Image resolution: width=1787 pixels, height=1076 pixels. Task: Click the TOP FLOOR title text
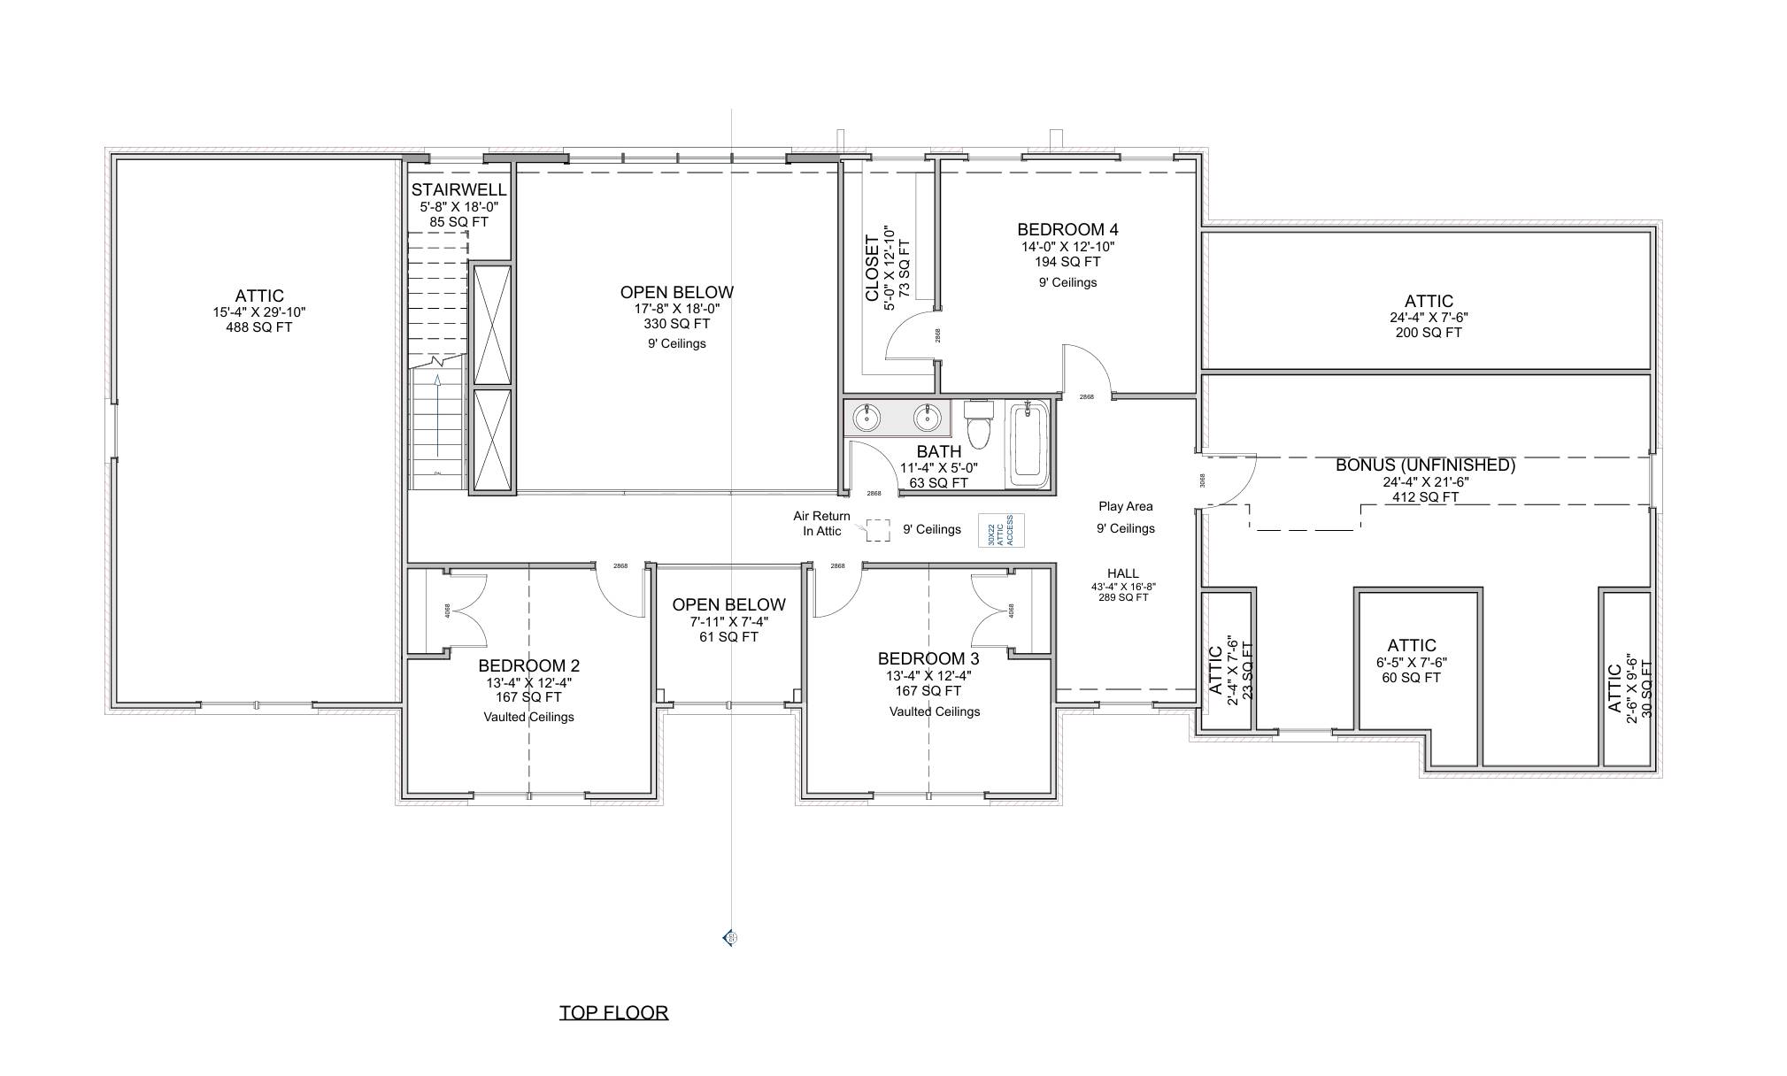[613, 1012]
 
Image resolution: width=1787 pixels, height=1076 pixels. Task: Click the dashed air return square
[877, 530]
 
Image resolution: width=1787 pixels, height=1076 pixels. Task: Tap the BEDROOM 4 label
[1067, 230]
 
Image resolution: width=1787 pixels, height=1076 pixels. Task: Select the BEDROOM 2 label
[528, 665]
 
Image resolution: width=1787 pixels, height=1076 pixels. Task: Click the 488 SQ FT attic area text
[258, 327]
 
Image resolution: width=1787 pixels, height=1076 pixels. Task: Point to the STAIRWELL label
[458, 189]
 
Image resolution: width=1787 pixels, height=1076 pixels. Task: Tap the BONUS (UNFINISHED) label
[1425, 465]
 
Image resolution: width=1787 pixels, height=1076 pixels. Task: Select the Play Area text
[1125, 506]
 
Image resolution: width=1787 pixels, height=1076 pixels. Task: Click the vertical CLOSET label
[873, 267]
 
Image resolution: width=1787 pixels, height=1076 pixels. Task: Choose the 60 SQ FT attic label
[1411, 678]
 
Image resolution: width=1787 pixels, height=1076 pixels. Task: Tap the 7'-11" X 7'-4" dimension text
[728, 621]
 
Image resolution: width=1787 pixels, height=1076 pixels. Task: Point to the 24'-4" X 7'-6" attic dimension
[1429, 317]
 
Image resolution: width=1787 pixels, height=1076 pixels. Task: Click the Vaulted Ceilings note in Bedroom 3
[934, 711]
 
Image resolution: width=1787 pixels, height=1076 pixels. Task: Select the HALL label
[1122, 573]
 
